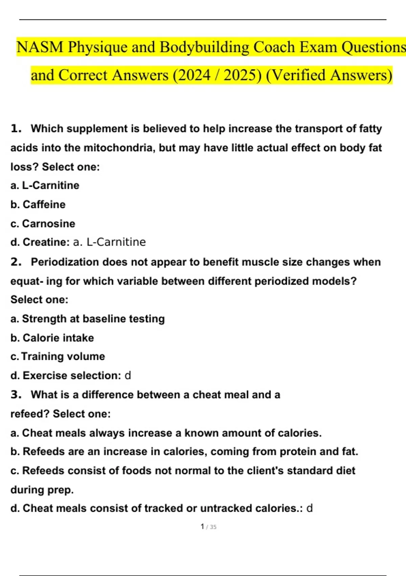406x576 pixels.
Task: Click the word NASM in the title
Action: [40, 47]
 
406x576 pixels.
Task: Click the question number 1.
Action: [16, 129]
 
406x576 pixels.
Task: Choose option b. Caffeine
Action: [38, 204]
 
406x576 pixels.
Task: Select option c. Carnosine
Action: [43, 224]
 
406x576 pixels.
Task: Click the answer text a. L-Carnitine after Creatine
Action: [109, 242]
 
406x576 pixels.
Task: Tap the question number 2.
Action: [16, 262]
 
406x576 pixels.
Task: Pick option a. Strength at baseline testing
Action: [87, 319]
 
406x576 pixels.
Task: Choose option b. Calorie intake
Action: [52, 338]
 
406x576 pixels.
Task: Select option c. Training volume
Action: [58, 356]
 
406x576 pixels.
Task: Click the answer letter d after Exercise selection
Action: [128, 375]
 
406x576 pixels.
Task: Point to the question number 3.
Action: [16, 395]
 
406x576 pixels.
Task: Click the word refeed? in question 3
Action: [30, 414]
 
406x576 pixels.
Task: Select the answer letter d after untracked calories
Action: [309, 508]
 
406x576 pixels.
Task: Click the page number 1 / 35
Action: [208, 527]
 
